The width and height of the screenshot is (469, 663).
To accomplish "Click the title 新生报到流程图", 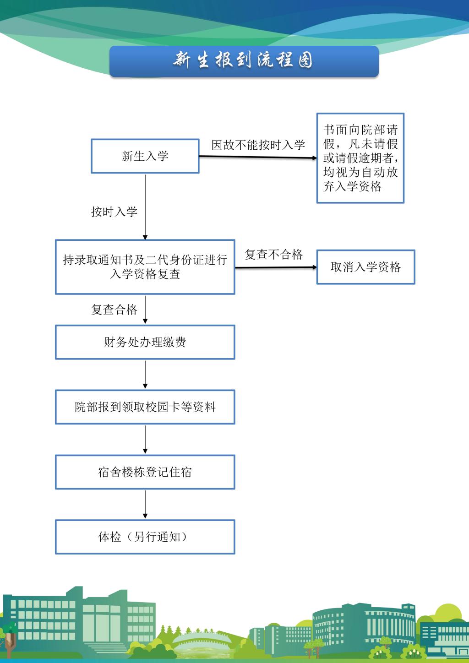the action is (243, 60).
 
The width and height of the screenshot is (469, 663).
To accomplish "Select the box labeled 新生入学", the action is (145, 156).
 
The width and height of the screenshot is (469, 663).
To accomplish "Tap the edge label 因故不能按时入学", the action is (258, 145).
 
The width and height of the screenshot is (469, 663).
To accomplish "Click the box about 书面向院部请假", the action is (360, 158).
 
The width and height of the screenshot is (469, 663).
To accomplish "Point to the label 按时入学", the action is (115, 212).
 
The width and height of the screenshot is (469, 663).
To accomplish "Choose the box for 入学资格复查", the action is (145, 267).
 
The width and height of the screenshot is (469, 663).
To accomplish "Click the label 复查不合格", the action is (273, 255).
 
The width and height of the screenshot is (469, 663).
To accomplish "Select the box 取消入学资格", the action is (365, 267).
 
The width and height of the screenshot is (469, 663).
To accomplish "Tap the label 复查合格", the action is (115, 310).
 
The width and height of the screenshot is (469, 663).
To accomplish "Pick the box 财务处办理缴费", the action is (145, 342).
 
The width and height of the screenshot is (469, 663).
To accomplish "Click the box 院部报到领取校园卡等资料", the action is (145, 407).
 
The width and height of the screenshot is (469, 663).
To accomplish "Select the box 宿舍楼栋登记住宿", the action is (145, 472).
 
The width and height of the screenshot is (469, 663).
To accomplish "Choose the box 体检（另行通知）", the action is (145, 537).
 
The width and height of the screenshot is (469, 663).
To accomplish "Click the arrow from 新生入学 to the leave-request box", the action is (258, 157).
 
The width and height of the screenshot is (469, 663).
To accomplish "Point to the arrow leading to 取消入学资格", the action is (276, 267).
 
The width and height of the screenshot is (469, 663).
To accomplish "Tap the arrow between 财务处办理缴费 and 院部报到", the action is (145, 375).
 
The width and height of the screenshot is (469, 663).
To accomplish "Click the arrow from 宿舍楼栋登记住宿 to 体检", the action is (145, 505).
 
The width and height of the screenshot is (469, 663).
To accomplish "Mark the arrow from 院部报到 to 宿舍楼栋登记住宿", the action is (145, 440).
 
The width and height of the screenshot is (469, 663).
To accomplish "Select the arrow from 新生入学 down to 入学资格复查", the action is (145, 207).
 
